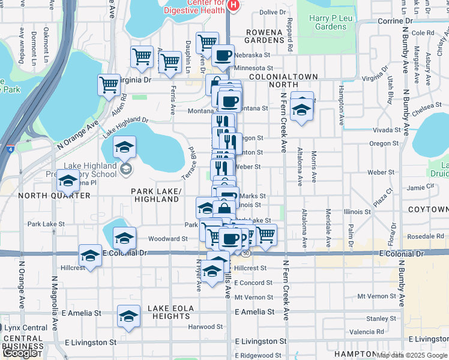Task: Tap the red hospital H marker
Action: [234, 5]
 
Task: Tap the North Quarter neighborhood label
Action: [54, 196]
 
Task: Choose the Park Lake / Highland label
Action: [156, 194]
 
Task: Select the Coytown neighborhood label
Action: [427, 209]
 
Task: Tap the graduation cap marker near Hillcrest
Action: [90, 256]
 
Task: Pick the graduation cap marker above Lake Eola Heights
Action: [128, 316]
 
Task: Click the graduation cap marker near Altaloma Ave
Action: [301, 110]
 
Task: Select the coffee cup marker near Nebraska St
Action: [223, 55]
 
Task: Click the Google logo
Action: [20, 353]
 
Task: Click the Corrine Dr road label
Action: [395, 20]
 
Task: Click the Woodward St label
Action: [168, 239]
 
